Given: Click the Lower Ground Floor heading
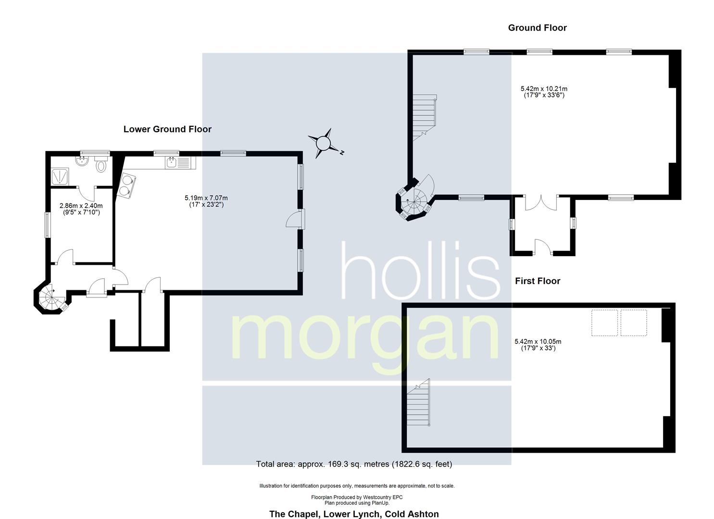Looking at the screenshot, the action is point(167,129).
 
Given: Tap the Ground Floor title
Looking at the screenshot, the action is point(538,28).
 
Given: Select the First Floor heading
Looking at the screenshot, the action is point(538,281).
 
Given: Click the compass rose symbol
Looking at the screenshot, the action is point(325,143).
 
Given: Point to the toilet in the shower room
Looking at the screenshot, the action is point(101,164).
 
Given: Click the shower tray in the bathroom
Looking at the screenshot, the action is point(60,177).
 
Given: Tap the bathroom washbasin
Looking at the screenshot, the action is point(83,161).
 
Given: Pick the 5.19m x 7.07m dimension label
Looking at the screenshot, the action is point(206,201).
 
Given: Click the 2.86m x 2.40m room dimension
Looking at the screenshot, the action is point(81,210).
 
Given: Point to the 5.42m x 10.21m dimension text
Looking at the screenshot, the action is point(544,92).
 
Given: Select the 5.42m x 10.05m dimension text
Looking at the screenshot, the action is point(538,345).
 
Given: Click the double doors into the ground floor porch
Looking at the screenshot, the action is point(541,203).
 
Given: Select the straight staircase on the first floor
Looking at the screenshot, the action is point(418,402).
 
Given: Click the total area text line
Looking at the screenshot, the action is point(354,464).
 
